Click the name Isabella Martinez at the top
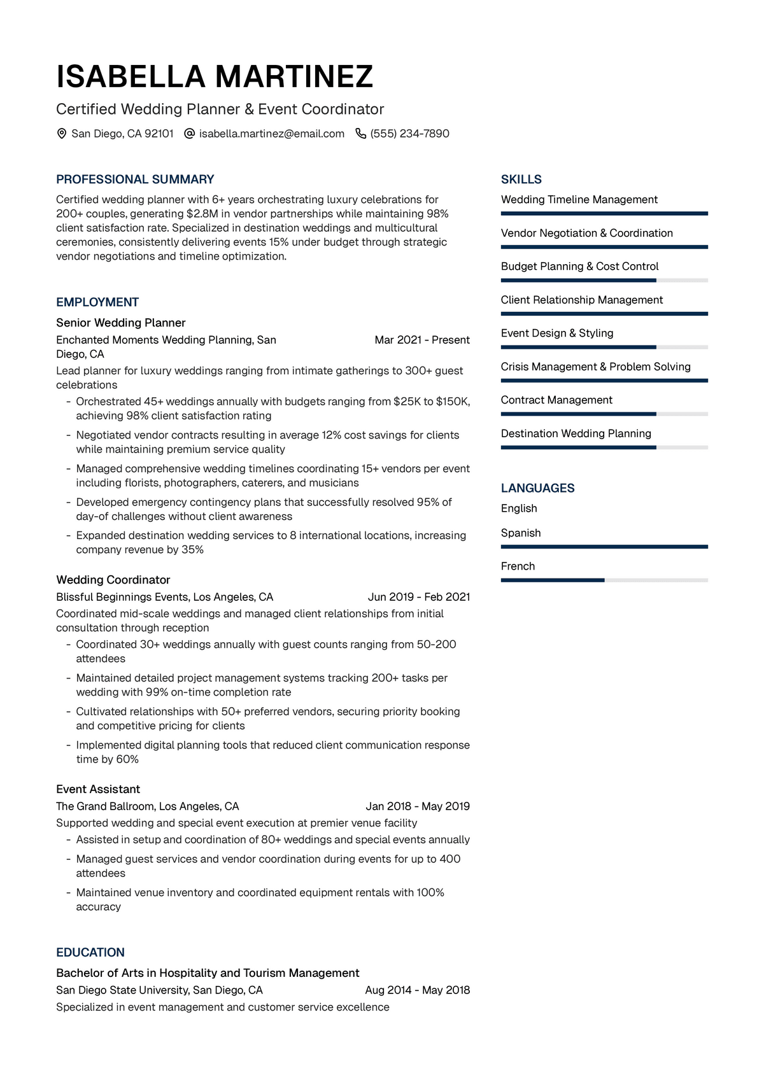pos(215,76)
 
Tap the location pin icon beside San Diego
pos(62,134)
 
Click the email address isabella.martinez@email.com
pos(271,134)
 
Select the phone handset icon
pos(360,134)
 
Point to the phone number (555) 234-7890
pos(409,134)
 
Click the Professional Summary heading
pos(135,179)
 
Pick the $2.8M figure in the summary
pos(202,214)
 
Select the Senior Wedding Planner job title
pos(121,323)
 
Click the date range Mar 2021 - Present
pos(422,340)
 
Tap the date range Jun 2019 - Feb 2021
pos(419,597)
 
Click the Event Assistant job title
pos(98,789)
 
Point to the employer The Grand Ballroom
pos(104,806)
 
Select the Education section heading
pos(90,953)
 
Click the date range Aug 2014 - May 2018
pos(418,990)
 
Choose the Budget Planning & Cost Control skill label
pos(579,267)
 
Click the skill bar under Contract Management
pos(604,414)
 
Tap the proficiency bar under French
pos(604,580)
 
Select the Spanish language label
pos(521,533)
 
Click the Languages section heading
pos(537,488)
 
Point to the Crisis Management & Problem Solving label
pos(595,367)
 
